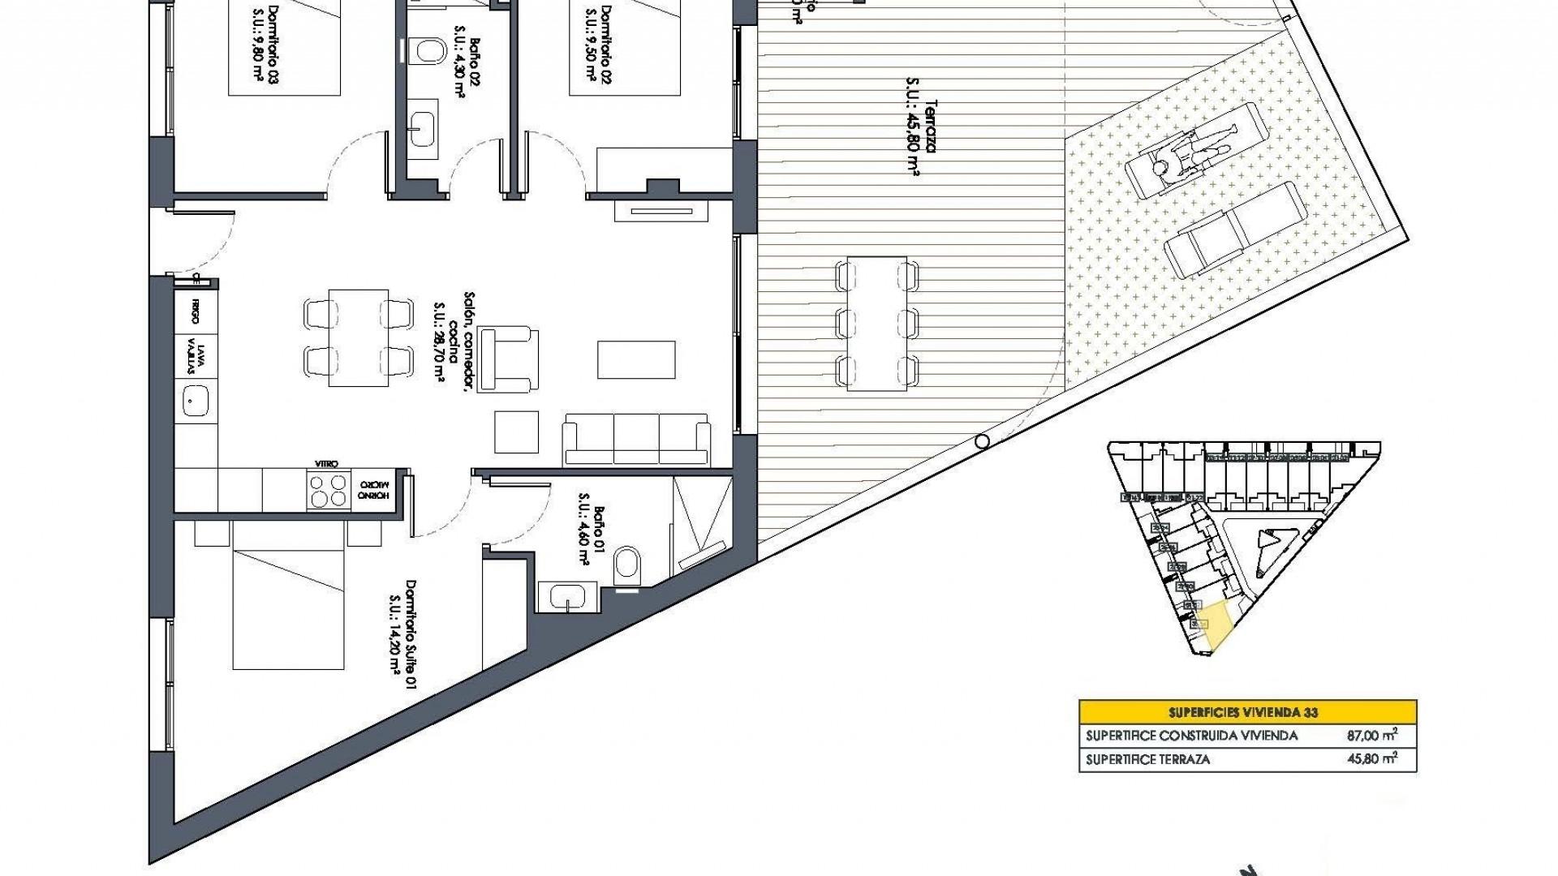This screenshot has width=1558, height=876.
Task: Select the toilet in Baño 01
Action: coord(627,563)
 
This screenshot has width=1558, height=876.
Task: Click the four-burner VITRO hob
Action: coord(329,490)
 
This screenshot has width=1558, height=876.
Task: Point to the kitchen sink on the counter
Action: coord(195,400)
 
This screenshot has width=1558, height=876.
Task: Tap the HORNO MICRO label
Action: coord(374,491)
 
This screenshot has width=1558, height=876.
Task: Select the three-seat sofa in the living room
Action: coord(636,439)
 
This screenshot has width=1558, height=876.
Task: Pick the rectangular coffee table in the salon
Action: coord(636,359)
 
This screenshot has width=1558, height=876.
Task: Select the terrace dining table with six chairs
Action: coord(876,324)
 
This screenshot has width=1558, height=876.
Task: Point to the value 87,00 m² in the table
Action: coord(1371,736)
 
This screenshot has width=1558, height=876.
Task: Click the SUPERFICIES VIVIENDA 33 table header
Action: coord(1247,712)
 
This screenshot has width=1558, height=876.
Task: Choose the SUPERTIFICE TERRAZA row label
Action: coord(1147,759)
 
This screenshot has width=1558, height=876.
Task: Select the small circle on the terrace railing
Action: coord(982,441)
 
